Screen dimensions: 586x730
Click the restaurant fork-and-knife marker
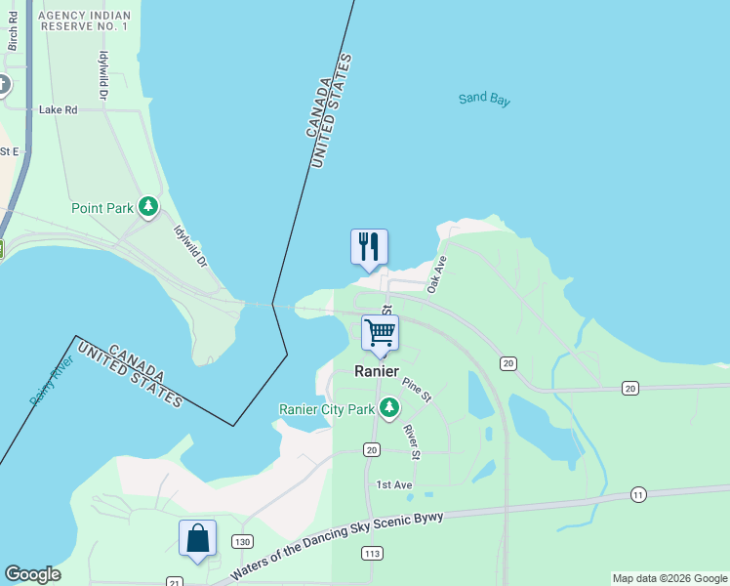(x=369, y=247)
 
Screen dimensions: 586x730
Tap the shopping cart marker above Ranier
(x=380, y=333)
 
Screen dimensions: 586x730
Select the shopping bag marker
(x=197, y=539)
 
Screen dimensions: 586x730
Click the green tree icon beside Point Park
(x=148, y=207)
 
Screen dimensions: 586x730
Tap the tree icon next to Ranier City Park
(x=389, y=407)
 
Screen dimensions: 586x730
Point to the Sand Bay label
(x=485, y=99)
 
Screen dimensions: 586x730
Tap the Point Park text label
(x=101, y=208)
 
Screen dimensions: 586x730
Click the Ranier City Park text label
(x=327, y=409)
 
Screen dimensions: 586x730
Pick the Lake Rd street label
(x=58, y=110)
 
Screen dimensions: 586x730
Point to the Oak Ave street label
(x=436, y=273)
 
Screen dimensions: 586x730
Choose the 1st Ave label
(x=394, y=484)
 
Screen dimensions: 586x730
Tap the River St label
(x=412, y=441)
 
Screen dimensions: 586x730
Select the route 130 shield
(x=243, y=541)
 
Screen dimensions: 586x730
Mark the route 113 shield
(x=371, y=554)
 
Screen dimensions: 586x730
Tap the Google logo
(x=32, y=574)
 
